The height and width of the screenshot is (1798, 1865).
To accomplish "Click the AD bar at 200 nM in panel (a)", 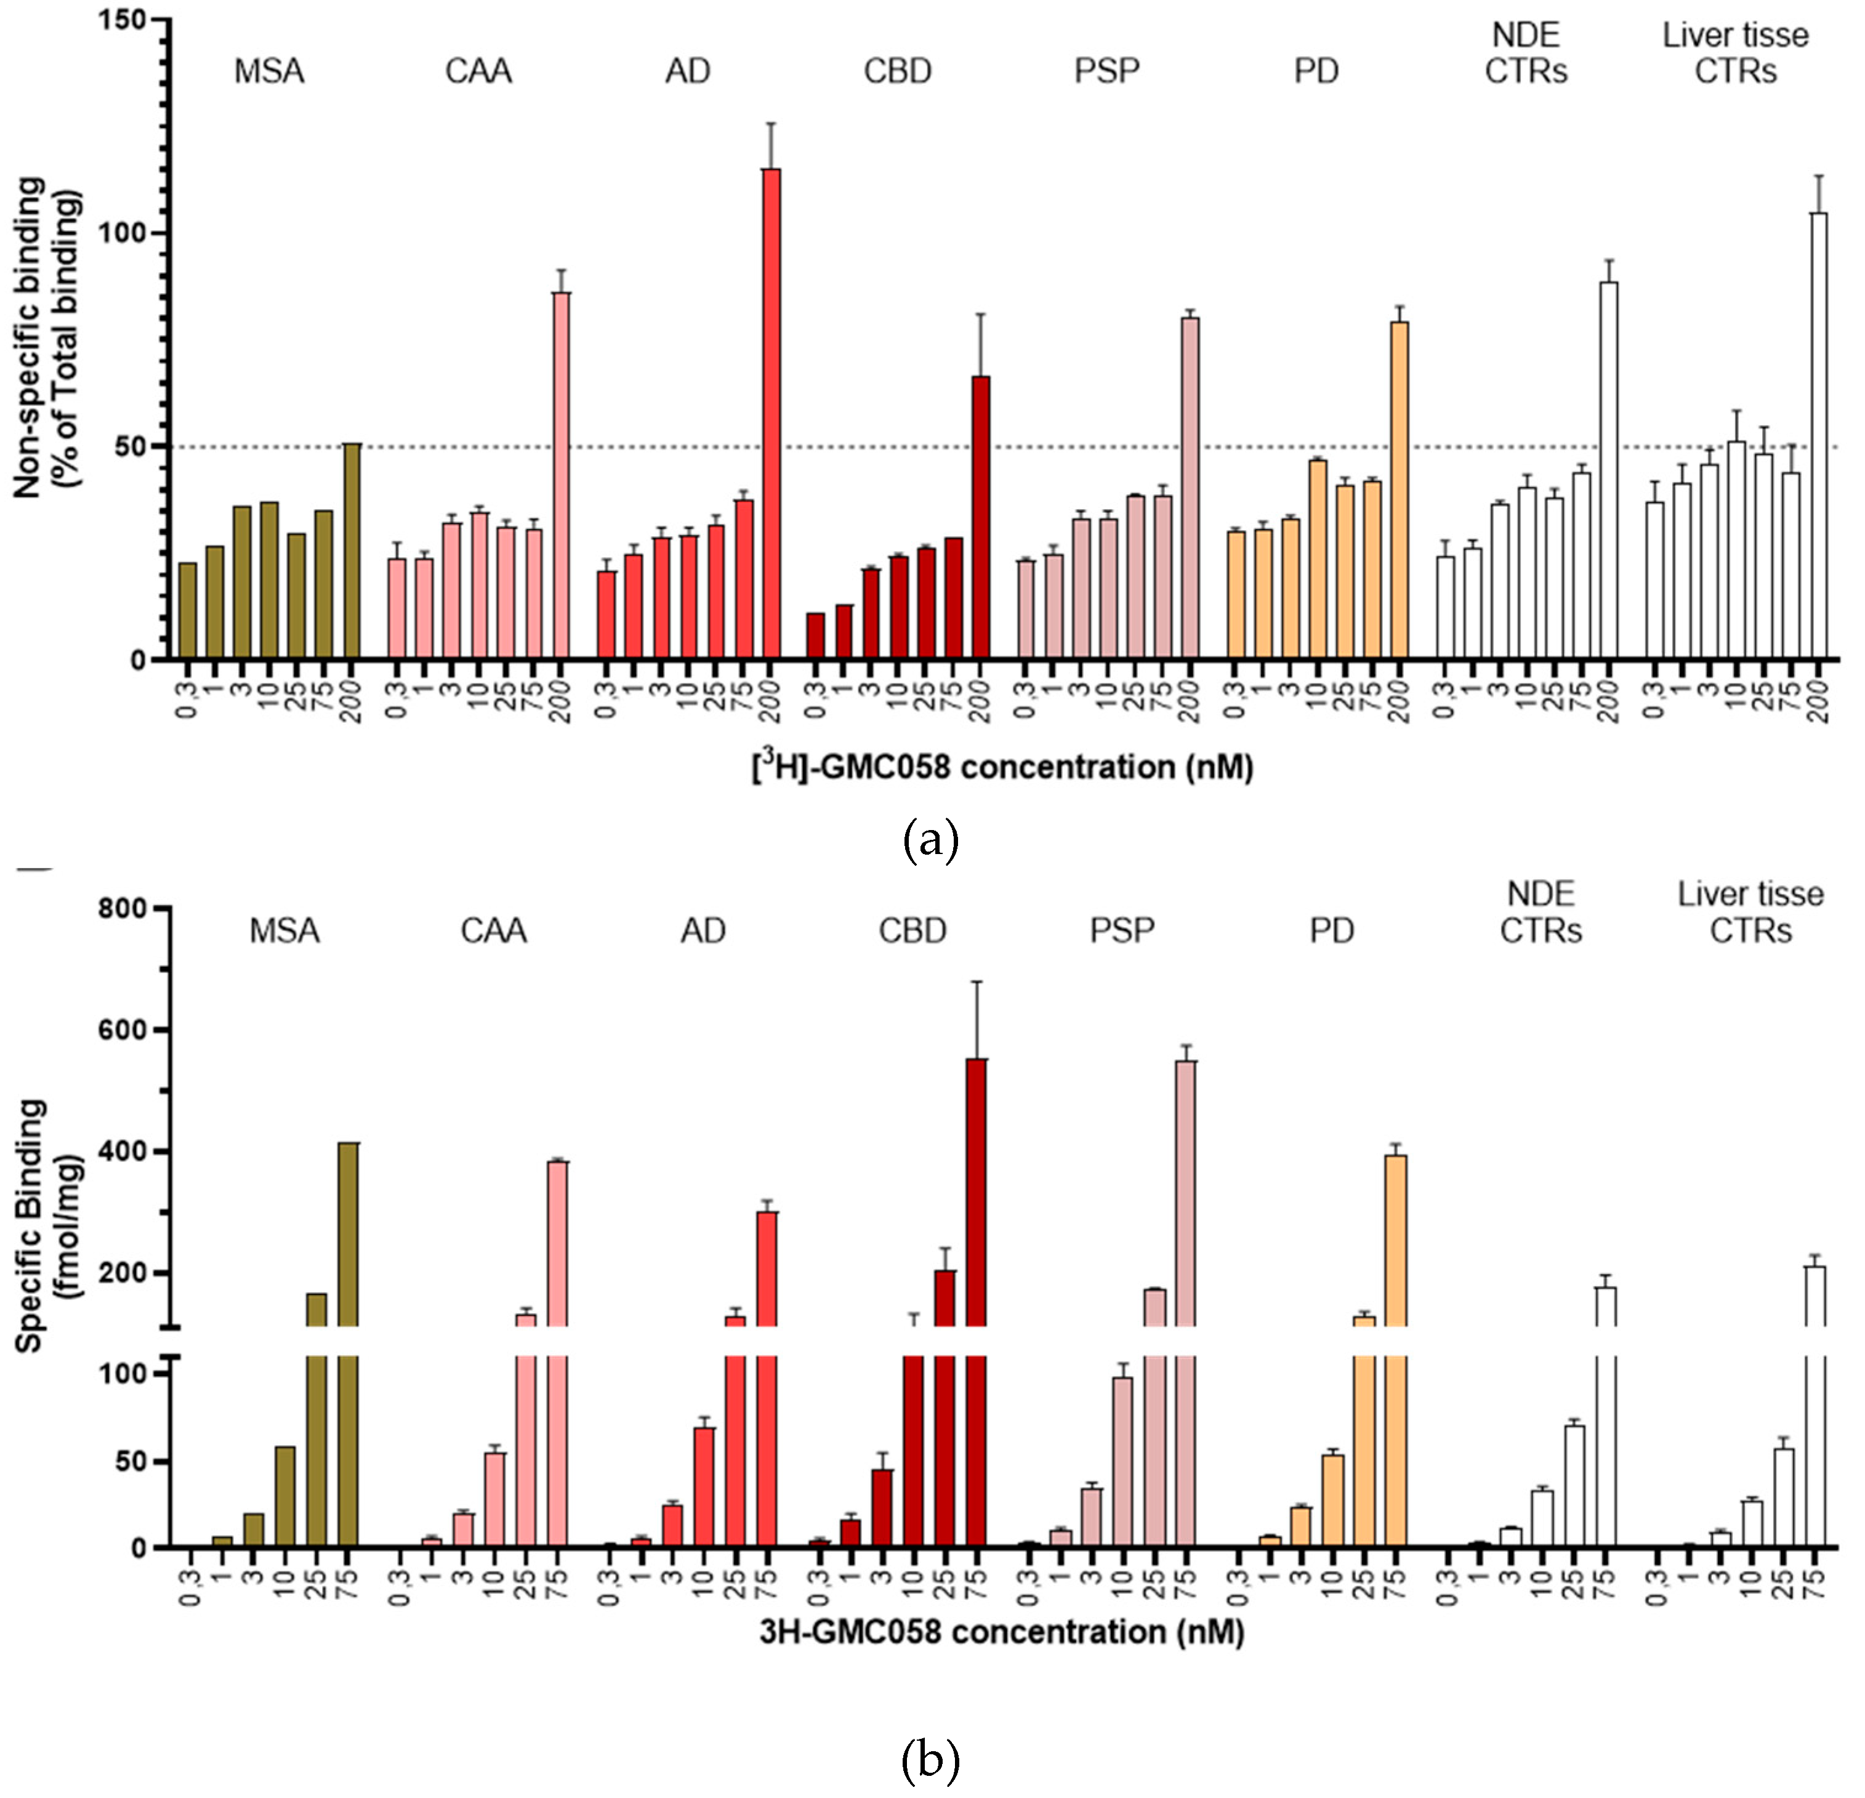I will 771,414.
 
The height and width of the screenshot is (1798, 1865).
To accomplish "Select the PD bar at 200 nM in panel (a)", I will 1399,490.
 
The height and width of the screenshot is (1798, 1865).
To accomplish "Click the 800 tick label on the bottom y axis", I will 124,909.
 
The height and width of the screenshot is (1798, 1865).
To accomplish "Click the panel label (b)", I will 930,1761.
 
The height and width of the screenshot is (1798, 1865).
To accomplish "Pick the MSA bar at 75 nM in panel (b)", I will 348,1238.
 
